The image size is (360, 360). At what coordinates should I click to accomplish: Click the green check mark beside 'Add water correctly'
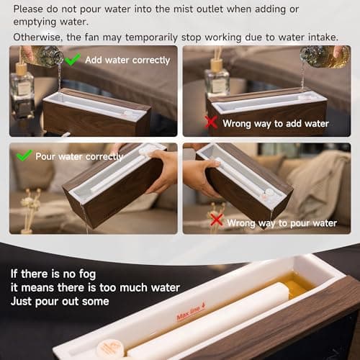pyautogui.click(x=72, y=59)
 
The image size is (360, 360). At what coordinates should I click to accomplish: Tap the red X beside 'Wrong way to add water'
pyautogui.click(x=211, y=122)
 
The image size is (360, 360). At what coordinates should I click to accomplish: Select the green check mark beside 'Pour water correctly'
pyautogui.click(x=24, y=155)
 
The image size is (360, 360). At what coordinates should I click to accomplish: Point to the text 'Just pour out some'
pyautogui.click(x=60, y=301)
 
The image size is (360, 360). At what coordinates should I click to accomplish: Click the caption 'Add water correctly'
pyautogui.click(x=127, y=60)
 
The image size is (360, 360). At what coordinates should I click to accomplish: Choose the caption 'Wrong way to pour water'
pyautogui.click(x=282, y=223)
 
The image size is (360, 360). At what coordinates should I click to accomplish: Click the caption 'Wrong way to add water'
pyautogui.click(x=276, y=124)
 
